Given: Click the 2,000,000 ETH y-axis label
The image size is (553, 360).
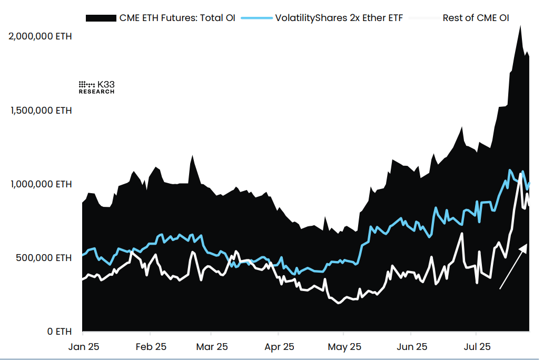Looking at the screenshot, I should (x=41, y=36).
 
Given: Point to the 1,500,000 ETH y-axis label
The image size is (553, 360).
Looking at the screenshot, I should (x=41, y=111).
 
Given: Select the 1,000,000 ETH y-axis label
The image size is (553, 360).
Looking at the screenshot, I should (x=41, y=184).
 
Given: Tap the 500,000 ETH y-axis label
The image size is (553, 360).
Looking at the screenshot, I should (x=44, y=258).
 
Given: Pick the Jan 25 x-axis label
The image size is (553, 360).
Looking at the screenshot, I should (x=83, y=347).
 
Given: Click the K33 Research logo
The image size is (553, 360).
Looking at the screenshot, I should (x=96, y=87).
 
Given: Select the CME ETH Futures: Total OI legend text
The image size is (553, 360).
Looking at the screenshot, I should (x=177, y=18).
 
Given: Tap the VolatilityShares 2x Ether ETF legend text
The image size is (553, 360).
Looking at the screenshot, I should (x=339, y=18).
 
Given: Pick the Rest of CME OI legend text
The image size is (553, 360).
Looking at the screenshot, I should (x=476, y=18).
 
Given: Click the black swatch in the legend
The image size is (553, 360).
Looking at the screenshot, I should (x=101, y=18).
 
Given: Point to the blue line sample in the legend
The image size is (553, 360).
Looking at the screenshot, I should (x=256, y=18).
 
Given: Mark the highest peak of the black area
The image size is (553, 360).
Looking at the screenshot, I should (x=520, y=26).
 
